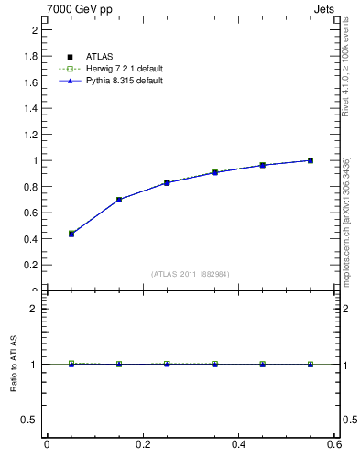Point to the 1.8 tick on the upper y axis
(31, 56)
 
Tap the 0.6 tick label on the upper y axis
(31, 213)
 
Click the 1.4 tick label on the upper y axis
(31, 108)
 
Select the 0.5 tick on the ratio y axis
(31, 420)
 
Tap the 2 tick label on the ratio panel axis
(34, 309)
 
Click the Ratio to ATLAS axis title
(14, 365)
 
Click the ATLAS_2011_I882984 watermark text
(191, 274)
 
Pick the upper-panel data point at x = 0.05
(71, 234)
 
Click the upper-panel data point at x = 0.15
(119, 200)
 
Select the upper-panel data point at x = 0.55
(311, 160)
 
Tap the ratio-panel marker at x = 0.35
(214, 365)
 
